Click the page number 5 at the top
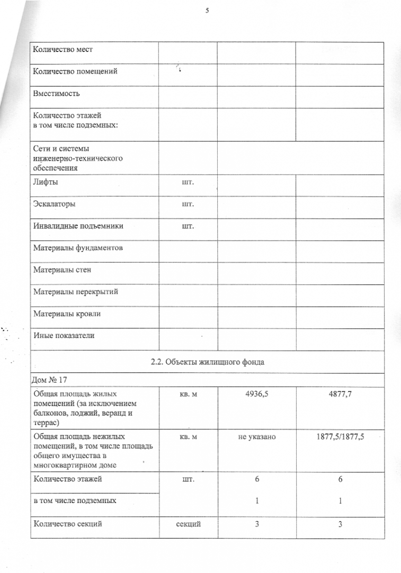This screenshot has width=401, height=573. (207, 10)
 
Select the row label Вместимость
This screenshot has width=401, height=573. (57, 93)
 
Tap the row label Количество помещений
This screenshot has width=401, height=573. (75, 71)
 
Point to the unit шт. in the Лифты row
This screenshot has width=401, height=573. (188, 182)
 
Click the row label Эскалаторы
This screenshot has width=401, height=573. (54, 204)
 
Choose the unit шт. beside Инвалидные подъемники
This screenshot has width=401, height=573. (188, 226)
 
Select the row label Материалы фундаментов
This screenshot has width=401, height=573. (78, 248)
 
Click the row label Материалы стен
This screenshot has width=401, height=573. (63, 270)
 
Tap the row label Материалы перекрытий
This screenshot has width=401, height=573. (76, 292)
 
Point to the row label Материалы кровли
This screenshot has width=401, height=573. (67, 314)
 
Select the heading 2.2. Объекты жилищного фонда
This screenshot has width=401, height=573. (207, 362)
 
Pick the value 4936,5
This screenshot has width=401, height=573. (256, 395)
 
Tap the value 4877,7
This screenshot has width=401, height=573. (340, 395)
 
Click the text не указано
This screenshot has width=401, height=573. (256, 437)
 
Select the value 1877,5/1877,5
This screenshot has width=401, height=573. (340, 437)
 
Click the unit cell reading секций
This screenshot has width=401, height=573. (188, 524)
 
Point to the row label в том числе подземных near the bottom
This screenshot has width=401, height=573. (75, 501)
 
